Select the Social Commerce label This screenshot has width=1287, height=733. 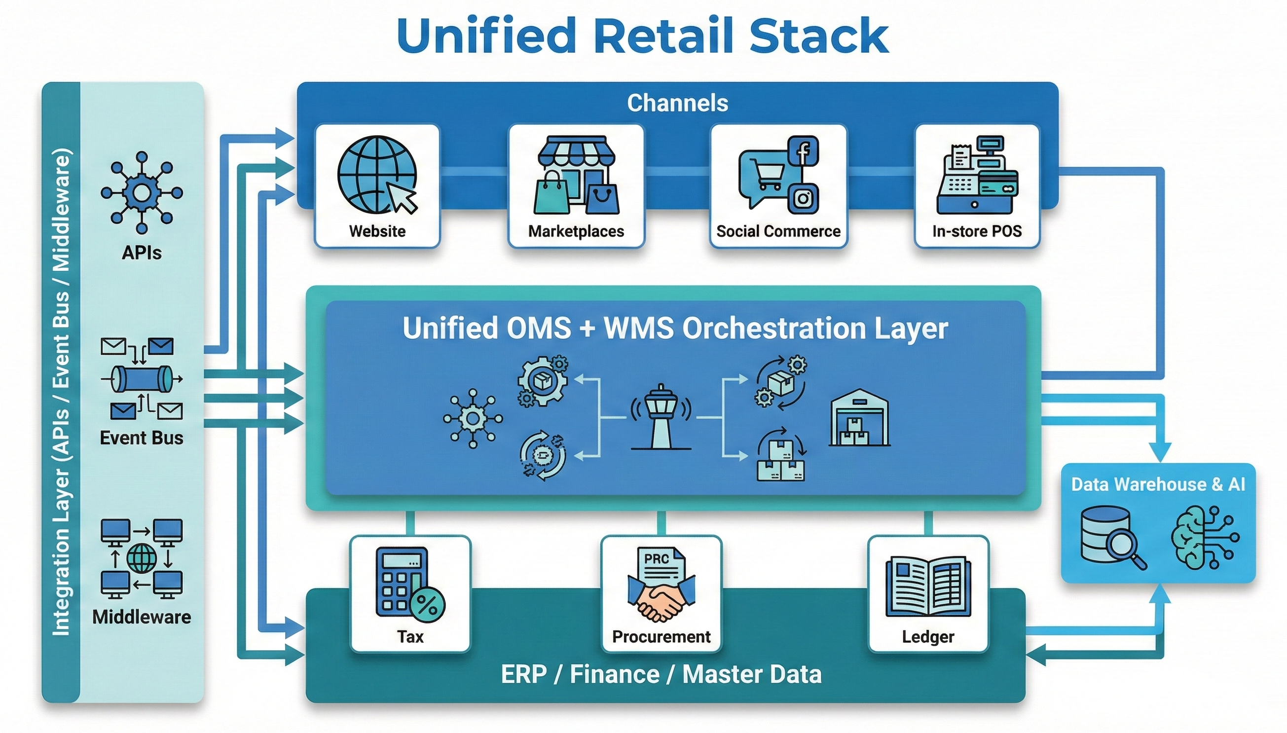(778, 231)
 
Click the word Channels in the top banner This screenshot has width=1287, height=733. (677, 103)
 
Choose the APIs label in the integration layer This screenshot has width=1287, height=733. (142, 253)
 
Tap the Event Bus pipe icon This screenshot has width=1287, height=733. (142, 378)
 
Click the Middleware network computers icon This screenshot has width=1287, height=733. (142, 558)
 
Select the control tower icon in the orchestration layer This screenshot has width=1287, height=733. (661, 417)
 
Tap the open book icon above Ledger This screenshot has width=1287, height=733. (928, 586)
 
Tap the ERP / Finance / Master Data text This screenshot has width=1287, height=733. (662, 674)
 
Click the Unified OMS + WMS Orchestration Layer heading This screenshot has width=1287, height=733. (675, 328)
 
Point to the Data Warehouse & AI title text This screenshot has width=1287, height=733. (1158, 484)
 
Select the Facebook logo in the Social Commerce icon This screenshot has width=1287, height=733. (803, 150)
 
